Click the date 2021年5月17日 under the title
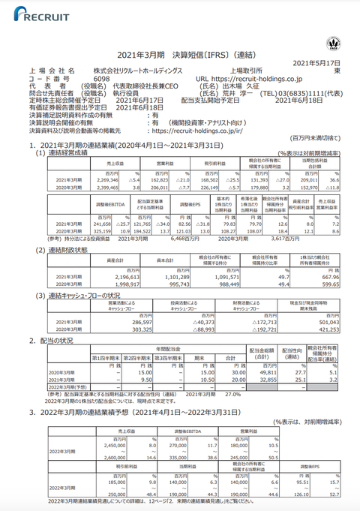[316, 62]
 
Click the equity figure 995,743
[179, 283]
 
